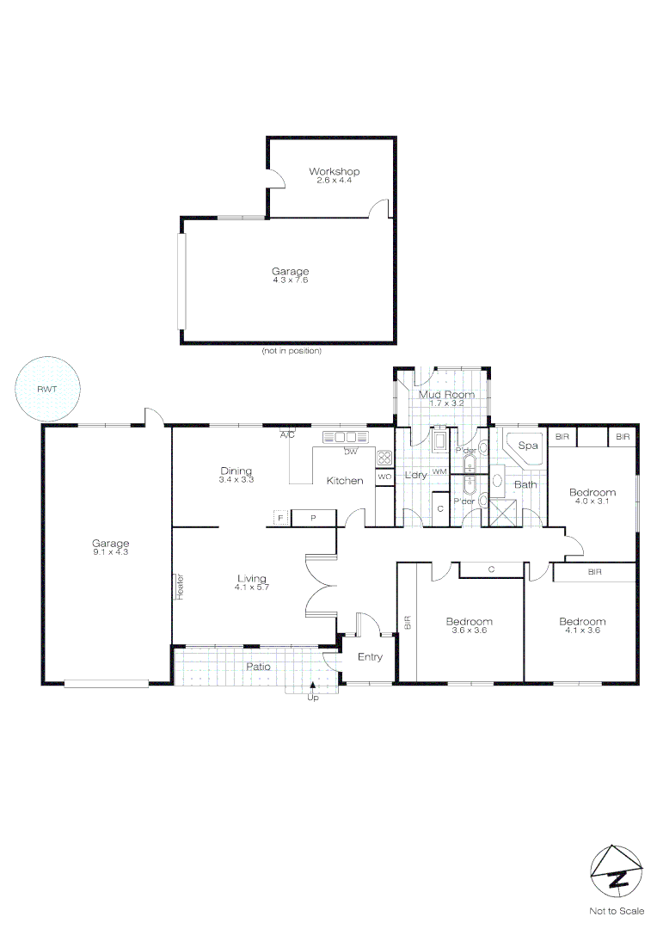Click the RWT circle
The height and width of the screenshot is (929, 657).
(x=47, y=389)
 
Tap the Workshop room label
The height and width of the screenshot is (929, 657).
(x=334, y=172)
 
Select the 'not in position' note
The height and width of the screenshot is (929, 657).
(x=292, y=351)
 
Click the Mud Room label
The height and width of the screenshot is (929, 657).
(x=446, y=395)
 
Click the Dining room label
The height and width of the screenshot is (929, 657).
(x=236, y=471)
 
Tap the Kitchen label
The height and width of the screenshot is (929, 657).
(x=344, y=480)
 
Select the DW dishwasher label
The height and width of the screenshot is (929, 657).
(x=351, y=452)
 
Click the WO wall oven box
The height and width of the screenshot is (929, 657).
(x=384, y=476)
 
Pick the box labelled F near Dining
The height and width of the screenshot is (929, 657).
(x=280, y=517)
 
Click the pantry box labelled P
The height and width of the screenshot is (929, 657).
(x=312, y=518)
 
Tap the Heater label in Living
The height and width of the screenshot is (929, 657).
(x=181, y=586)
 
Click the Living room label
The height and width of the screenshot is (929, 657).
(x=252, y=578)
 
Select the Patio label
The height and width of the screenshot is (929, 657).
(x=259, y=666)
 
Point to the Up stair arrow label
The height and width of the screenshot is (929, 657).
(x=312, y=697)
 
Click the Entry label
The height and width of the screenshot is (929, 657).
(x=370, y=657)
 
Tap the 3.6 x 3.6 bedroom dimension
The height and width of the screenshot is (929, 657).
(x=469, y=631)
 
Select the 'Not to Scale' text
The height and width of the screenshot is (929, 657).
(x=616, y=911)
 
